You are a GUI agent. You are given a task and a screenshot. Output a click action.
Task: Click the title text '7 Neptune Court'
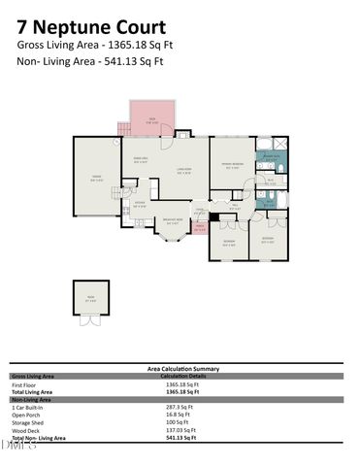pos(77,16)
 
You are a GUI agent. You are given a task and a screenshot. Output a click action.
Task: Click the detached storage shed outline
pos(91,298)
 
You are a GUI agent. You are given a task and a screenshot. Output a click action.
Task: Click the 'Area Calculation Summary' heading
pos(182,369)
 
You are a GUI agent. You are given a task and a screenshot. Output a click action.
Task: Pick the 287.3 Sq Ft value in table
pos(181,407)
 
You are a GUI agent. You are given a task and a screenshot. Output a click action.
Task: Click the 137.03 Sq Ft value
pos(181,430)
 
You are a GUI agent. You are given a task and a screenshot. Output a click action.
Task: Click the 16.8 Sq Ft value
pos(180,415)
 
